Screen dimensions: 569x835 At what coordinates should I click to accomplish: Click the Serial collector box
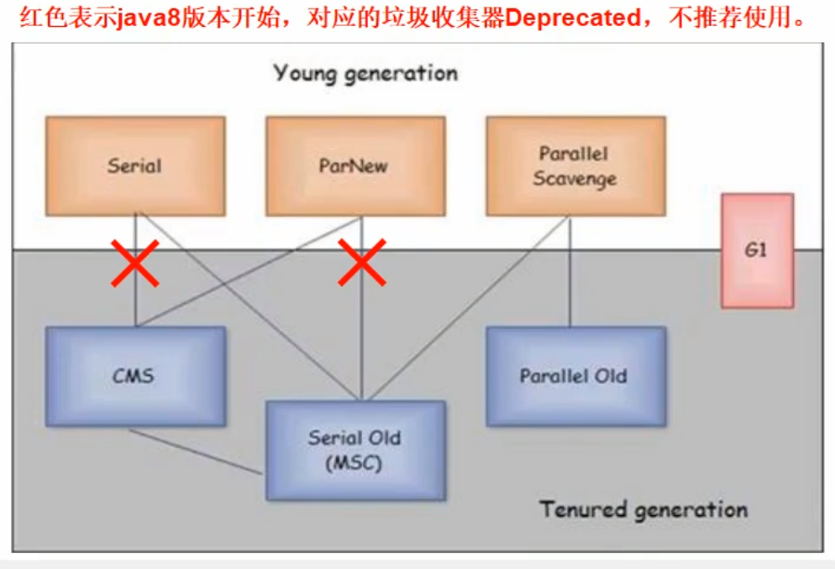(134, 166)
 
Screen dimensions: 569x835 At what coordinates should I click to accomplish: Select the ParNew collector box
(354, 166)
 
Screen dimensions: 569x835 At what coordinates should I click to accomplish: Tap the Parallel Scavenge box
(575, 166)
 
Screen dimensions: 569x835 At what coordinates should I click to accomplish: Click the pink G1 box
(757, 250)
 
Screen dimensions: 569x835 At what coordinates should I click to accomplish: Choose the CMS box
(134, 375)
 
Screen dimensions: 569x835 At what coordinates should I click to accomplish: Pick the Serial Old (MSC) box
(354, 450)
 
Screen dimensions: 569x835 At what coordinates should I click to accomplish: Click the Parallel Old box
(575, 375)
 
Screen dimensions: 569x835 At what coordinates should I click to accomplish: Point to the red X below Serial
(135, 263)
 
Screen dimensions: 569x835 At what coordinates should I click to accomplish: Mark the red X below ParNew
(362, 263)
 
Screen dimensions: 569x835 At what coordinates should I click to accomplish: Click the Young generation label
(365, 73)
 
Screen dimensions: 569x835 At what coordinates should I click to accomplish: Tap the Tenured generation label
(643, 509)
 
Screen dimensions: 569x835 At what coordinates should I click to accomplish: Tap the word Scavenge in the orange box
(575, 179)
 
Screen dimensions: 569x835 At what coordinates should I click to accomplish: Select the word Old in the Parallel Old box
(611, 376)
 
